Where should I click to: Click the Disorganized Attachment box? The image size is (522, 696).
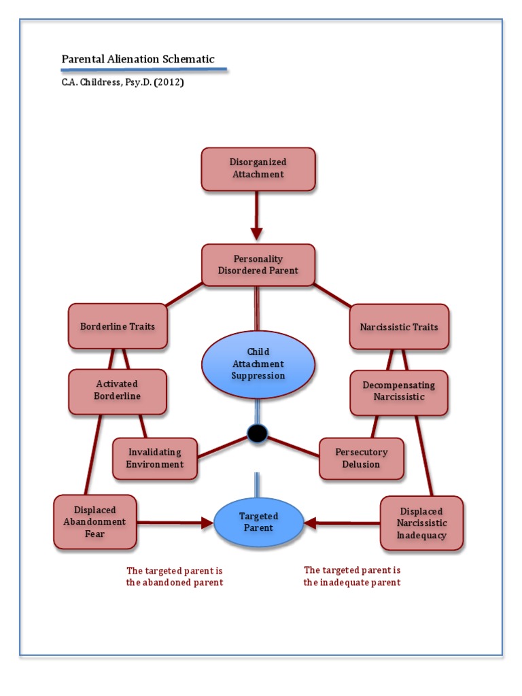[x=258, y=169]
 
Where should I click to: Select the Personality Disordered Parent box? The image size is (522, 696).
[x=258, y=264]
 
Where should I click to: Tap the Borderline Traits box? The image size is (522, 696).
[x=118, y=326]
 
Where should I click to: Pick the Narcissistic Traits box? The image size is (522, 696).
[x=399, y=327]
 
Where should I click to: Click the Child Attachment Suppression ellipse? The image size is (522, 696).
[x=258, y=364]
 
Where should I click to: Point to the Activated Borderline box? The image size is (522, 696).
[x=118, y=391]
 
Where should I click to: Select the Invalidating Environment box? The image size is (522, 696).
[x=155, y=458]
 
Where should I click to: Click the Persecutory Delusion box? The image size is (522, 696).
[x=362, y=458]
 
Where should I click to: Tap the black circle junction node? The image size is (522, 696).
[x=258, y=434]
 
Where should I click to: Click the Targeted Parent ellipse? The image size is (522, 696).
[x=258, y=522]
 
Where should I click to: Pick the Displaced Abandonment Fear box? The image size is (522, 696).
[x=95, y=522]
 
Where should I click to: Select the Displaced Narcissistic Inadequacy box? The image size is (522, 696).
[x=421, y=523]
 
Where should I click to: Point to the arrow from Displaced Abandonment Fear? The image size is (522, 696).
[x=175, y=523]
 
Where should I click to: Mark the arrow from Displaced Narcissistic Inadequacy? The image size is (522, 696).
[x=341, y=523]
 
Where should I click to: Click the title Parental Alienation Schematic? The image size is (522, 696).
[x=138, y=59]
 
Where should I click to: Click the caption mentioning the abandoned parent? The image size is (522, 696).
[x=175, y=576]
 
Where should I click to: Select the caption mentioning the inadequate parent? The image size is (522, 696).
[x=352, y=576]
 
